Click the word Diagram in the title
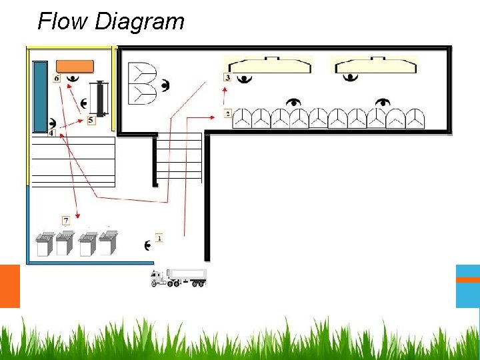(139, 21)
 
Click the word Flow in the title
(63, 21)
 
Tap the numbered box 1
(159, 238)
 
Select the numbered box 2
(228, 114)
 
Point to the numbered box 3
(228, 78)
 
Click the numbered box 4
(51, 133)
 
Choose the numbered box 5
(91, 120)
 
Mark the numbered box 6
(57, 78)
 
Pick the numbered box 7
(66, 220)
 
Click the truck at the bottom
(179, 277)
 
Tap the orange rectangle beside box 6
(74, 65)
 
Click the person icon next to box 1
(147, 245)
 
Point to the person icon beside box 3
(245, 79)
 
